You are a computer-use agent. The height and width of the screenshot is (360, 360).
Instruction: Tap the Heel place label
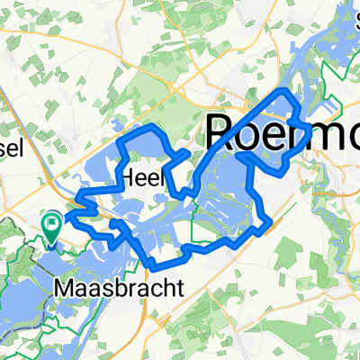coord(143,177)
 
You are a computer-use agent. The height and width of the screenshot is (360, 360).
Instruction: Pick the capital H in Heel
coord(129,177)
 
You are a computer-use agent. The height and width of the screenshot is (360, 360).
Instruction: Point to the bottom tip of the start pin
coord(51,244)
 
